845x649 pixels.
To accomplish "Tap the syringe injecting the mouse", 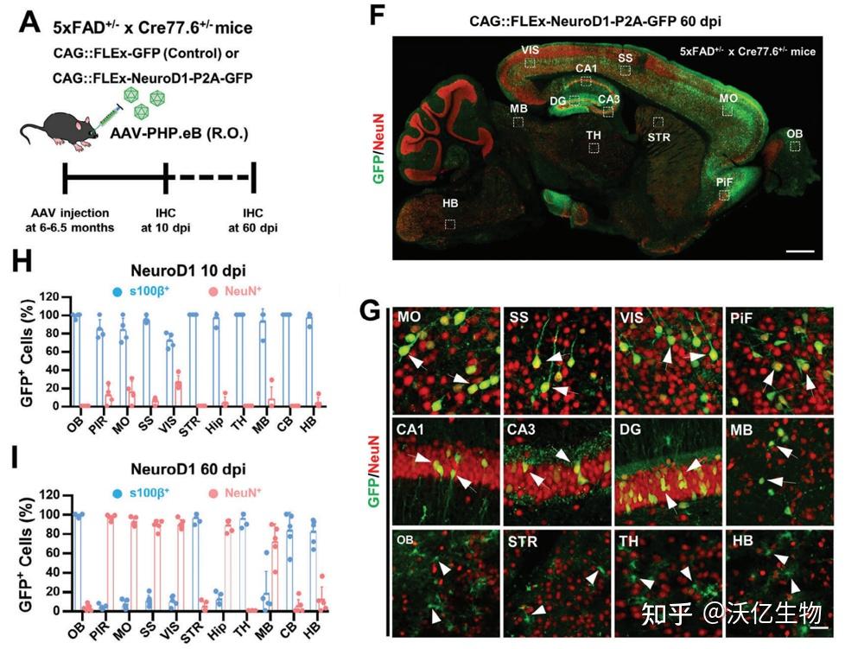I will point(102,114).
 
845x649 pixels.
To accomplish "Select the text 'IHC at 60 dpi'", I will point(251,220).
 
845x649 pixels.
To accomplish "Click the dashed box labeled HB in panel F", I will point(450,224).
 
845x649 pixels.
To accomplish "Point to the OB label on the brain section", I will point(794,133).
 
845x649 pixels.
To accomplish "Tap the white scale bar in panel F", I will point(800,251).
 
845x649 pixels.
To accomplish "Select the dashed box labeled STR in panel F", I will point(658,123).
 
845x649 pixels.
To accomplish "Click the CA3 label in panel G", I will point(519,429).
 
